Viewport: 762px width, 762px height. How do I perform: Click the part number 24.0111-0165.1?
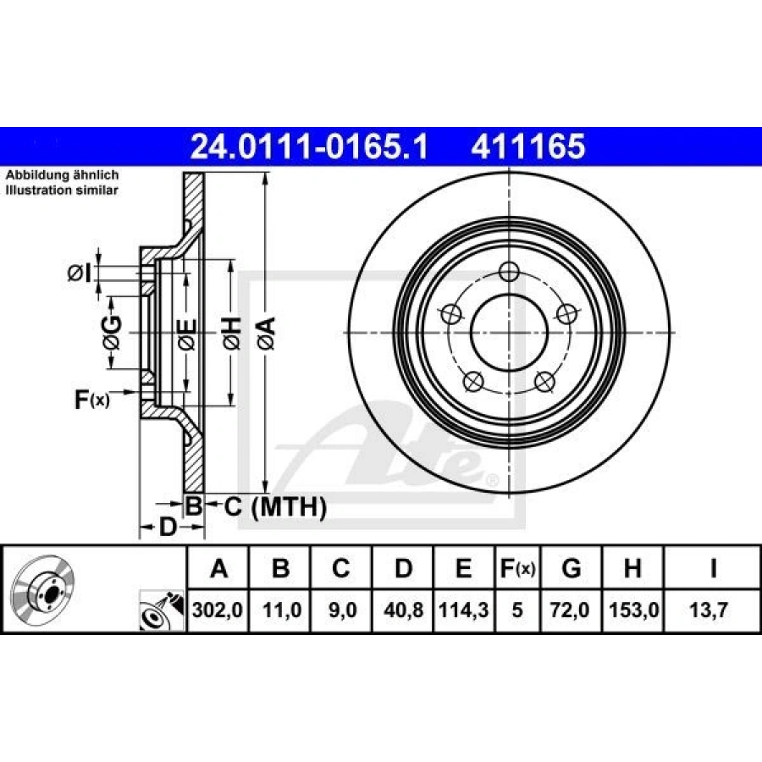click(309, 146)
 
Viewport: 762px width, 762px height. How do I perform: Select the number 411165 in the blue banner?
click(527, 146)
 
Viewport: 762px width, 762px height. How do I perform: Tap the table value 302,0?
click(218, 610)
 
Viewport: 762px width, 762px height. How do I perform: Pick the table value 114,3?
click(464, 610)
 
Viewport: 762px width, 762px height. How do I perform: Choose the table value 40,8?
click(403, 610)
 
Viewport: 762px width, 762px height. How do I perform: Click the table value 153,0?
click(633, 610)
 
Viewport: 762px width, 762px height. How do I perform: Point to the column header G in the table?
click(571, 567)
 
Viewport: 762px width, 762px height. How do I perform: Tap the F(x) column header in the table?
click(517, 568)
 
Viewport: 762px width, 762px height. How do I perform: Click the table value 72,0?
click(570, 610)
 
